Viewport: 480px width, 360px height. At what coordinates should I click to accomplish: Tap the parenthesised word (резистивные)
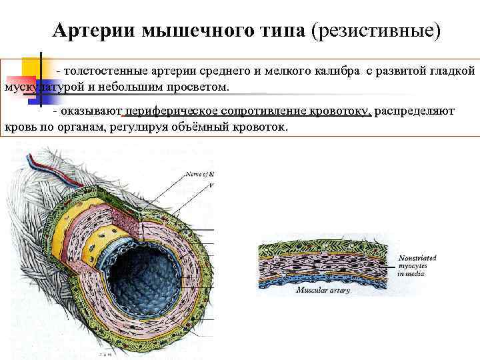click(x=381, y=31)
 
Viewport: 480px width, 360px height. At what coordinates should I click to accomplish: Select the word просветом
click(x=197, y=87)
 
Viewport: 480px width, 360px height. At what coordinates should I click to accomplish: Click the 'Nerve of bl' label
click(x=200, y=174)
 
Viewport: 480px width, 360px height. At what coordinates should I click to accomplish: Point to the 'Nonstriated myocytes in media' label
click(x=419, y=265)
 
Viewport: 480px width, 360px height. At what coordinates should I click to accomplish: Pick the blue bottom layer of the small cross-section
click(x=320, y=281)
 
